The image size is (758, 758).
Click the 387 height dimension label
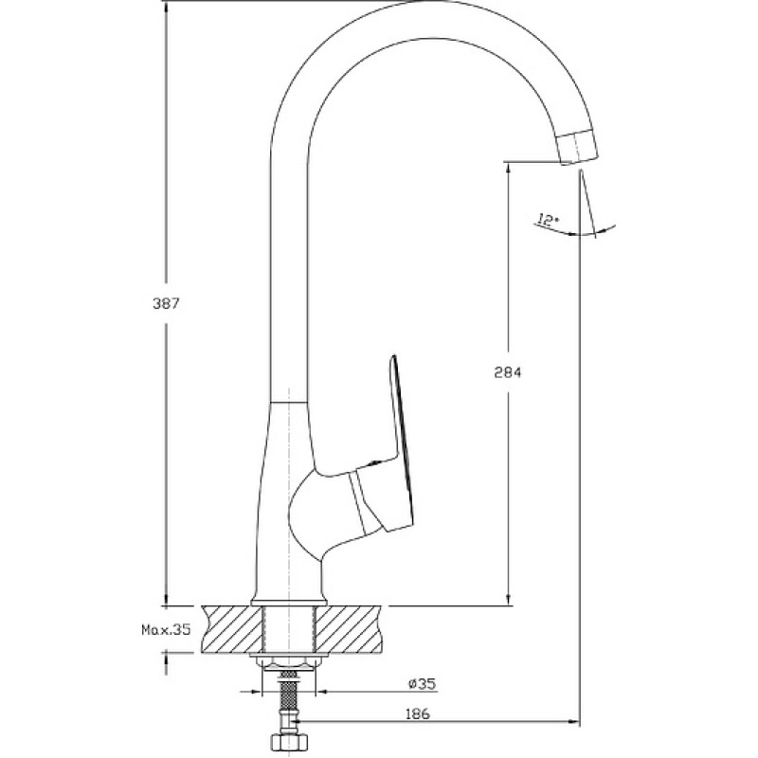point(166,303)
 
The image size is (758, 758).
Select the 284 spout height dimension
point(508,372)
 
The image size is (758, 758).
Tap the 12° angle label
point(547,221)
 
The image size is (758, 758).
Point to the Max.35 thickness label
point(166,629)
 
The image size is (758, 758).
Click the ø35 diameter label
point(422,683)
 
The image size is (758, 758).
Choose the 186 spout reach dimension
point(417,713)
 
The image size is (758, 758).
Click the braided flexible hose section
point(289,696)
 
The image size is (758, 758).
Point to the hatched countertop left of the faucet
point(233,628)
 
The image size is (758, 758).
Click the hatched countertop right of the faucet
point(349,628)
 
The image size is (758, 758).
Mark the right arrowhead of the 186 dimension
point(574,722)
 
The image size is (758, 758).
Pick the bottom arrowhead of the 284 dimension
point(508,599)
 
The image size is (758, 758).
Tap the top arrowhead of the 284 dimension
point(508,169)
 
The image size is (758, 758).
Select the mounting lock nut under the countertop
point(288,660)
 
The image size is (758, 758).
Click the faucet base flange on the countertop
point(289,602)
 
